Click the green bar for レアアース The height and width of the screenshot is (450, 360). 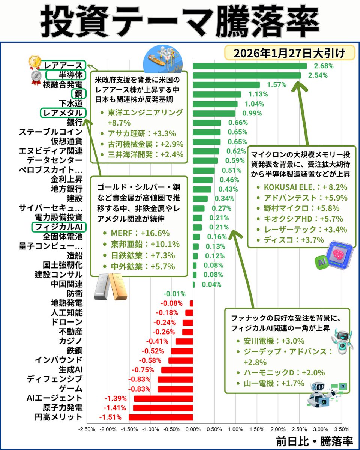point(250,66)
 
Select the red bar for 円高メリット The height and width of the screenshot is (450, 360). point(160,417)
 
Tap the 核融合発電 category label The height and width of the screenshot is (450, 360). point(63,84)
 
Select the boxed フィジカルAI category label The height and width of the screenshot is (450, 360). point(59,227)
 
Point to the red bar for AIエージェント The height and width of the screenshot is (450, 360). point(163,398)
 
